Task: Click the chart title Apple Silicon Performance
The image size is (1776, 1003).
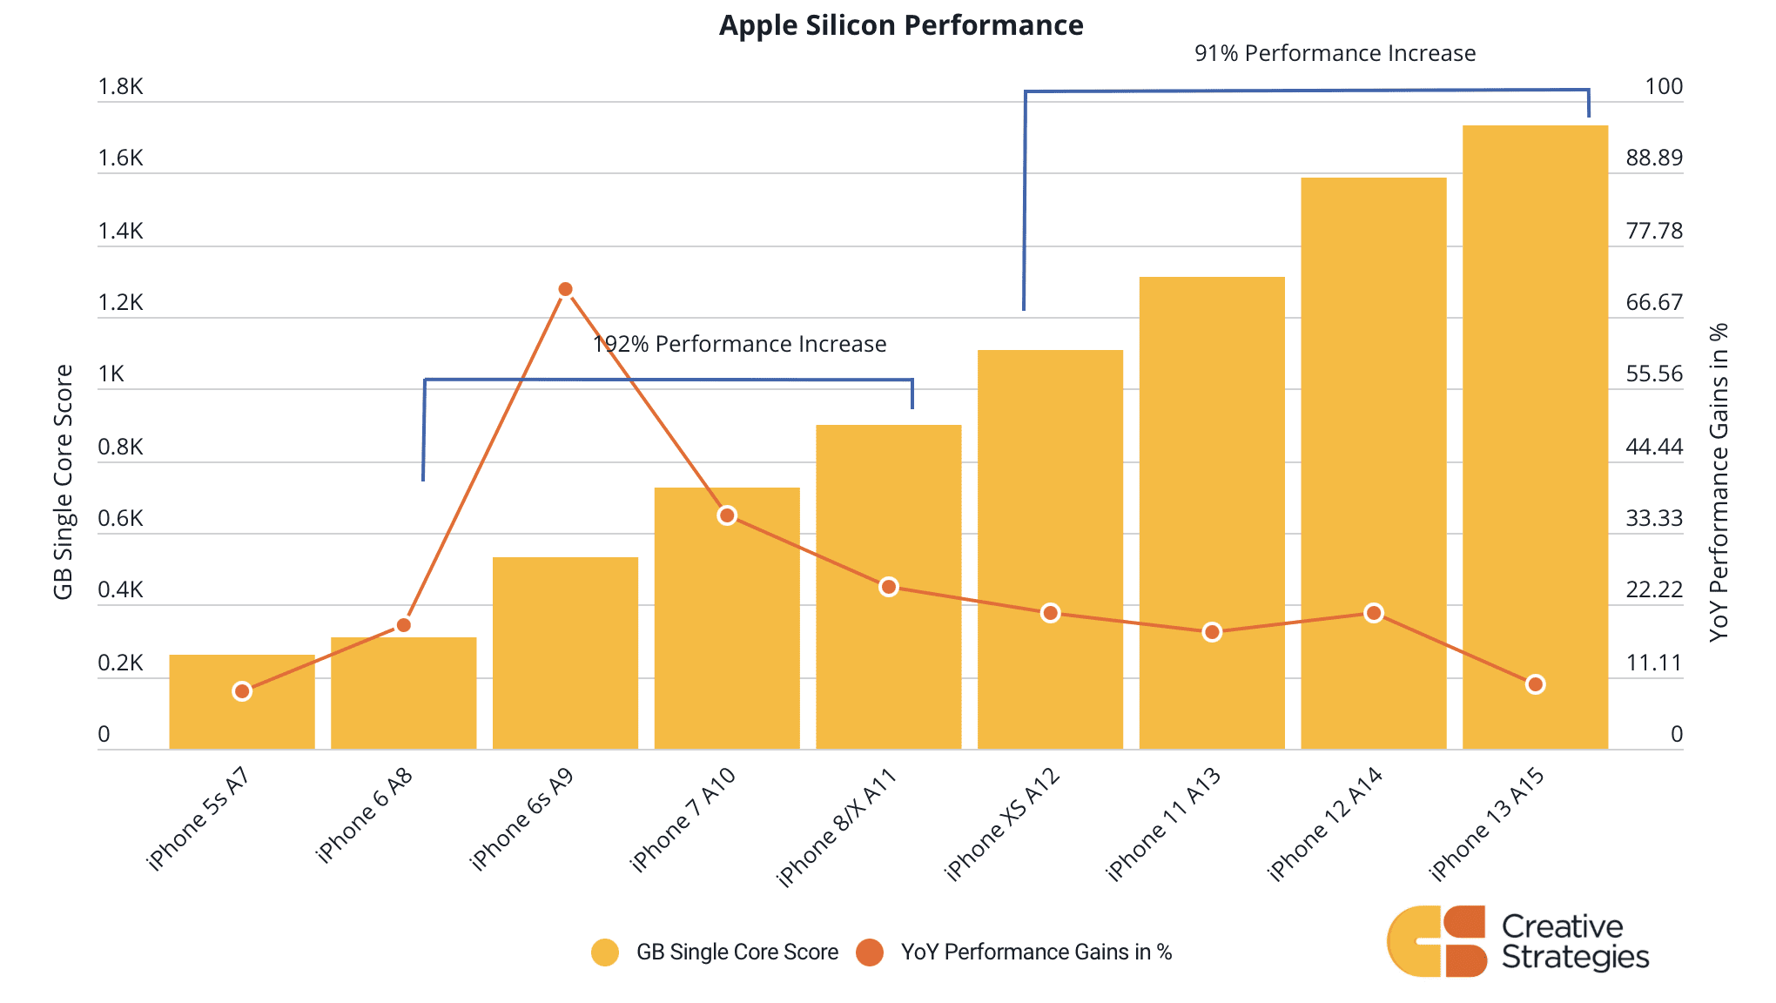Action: point(901,25)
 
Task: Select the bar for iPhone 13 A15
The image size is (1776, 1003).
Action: point(1535,435)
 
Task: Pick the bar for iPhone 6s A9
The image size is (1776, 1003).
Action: point(565,653)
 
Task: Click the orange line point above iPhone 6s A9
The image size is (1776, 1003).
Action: point(565,289)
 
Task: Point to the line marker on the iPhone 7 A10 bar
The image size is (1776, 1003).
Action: point(727,515)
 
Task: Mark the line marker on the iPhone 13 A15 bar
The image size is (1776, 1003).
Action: point(1535,684)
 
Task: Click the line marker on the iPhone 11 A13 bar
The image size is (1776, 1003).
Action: point(1212,632)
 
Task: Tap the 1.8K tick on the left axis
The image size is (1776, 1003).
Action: point(120,87)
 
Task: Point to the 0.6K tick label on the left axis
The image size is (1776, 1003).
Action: point(120,519)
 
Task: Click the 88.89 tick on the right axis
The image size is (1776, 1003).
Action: point(1654,158)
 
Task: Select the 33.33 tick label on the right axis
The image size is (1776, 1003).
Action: point(1654,519)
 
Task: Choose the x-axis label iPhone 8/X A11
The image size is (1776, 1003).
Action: point(837,826)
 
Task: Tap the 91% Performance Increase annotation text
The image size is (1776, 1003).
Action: point(1335,54)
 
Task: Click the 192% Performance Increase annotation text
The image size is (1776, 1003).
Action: point(740,345)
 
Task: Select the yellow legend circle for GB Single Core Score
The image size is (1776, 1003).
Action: point(605,953)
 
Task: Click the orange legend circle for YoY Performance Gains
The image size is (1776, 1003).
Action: point(870,953)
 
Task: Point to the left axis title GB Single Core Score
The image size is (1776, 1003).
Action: point(64,481)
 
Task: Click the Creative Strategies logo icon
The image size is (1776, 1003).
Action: point(1436,941)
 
